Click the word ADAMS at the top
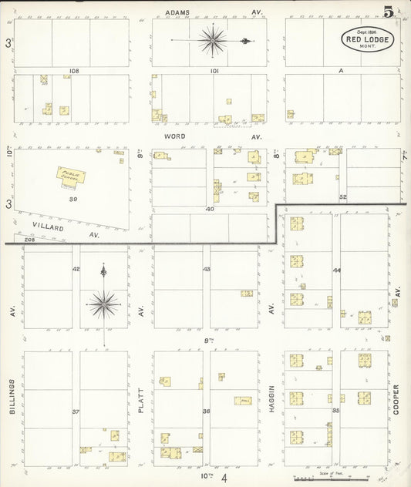(x=177, y=12)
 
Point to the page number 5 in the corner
(x=389, y=12)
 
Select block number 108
(x=74, y=71)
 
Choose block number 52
(x=343, y=197)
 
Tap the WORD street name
(x=176, y=135)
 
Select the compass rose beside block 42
(x=103, y=303)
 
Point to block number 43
(x=206, y=269)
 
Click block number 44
(x=336, y=270)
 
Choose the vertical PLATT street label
(x=141, y=399)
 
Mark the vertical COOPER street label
(x=396, y=399)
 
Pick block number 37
(x=76, y=411)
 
